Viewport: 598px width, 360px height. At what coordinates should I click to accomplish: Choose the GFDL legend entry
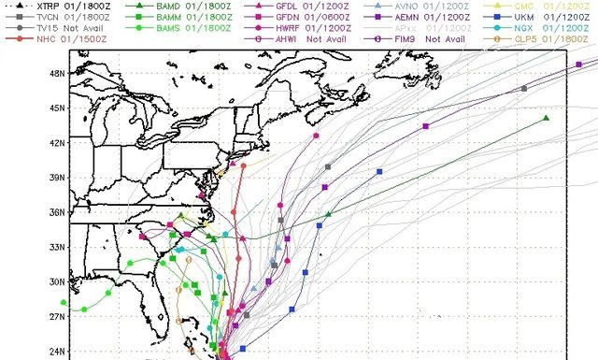[x=299, y=6]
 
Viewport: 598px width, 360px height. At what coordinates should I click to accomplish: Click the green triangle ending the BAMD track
[x=546, y=118]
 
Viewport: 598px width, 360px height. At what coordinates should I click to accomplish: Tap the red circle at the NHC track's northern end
[x=243, y=166]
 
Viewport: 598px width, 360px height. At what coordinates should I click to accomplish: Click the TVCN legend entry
[x=42, y=18]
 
